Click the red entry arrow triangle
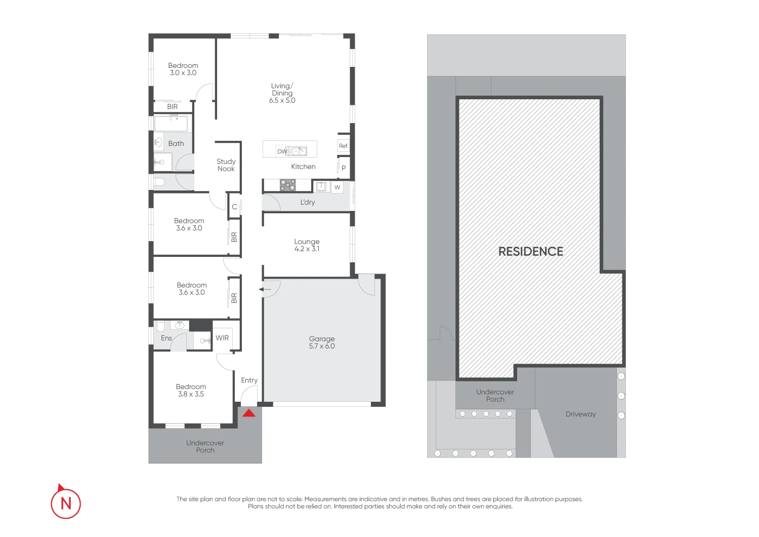[x=248, y=413]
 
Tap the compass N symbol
[x=66, y=503]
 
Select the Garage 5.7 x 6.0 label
[x=322, y=342]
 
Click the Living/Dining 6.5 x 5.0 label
[x=282, y=93]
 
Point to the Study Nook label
[x=226, y=165]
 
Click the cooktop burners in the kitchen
[x=288, y=185]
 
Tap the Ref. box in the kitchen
[x=344, y=146]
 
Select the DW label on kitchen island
[x=282, y=151]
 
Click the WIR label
[x=222, y=338]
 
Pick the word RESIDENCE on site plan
[x=530, y=252]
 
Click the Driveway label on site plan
[x=580, y=414]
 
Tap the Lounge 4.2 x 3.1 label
[x=307, y=245]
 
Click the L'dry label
[x=308, y=202]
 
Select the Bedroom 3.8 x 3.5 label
[x=191, y=390]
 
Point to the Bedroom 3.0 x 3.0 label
[x=183, y=69]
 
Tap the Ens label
[x=166, y=338]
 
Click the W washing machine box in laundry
[x=337, y=187]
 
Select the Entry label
[x=249, y=380]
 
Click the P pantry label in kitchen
[x=344, y=168]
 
